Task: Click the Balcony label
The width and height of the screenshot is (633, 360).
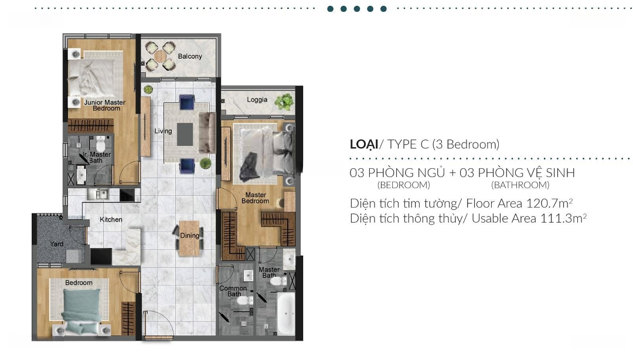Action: click(190, 56)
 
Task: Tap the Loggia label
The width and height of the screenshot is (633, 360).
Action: click(257, 100)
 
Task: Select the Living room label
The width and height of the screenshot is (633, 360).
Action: click(163, 131)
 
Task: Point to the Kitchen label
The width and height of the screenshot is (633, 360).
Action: click(111, 219)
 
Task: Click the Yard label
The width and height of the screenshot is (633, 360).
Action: click(57, 244)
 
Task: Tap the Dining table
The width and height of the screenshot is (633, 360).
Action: click(189, 238)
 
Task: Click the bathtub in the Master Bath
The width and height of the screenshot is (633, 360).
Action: click(286, 314)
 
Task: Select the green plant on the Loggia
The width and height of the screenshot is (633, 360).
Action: click(285, 102)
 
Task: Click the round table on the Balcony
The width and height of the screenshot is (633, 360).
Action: click(160, 56)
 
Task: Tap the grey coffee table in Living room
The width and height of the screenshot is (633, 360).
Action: click(185, 134)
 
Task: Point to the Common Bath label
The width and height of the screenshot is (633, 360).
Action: click(233, 291)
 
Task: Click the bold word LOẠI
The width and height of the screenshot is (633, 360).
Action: click(364, 144)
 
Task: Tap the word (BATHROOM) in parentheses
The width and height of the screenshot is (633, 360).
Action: click(520, 185)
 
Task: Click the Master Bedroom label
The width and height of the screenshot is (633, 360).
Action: click(255, 198)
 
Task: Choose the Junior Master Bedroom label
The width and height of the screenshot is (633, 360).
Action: click(105, 106)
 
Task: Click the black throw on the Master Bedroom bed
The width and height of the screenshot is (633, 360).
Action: click(250, 167)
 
